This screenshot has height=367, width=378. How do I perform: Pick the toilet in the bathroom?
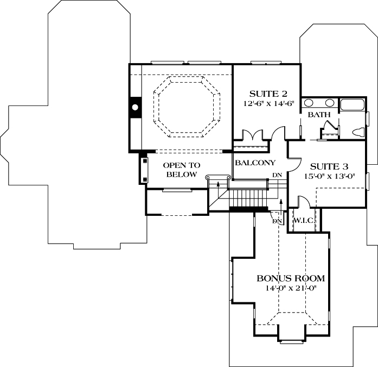coord(358,132)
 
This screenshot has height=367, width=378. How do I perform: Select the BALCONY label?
coord(255,163)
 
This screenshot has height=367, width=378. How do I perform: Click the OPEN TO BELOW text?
coord(182,170)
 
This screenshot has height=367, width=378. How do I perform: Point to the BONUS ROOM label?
coord(291,278)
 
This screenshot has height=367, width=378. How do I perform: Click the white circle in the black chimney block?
coord(134,107)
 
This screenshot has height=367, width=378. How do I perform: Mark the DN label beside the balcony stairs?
coord(277,175)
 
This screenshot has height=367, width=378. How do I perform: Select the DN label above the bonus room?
coord(277,221)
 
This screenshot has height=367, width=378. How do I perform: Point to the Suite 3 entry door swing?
coord(293,161)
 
